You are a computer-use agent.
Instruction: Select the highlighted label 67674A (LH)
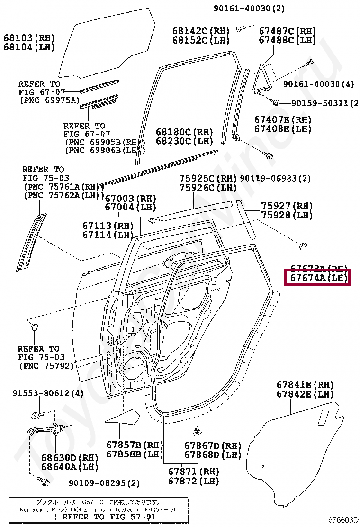(316, 278)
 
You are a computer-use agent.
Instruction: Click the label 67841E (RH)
(305, 384)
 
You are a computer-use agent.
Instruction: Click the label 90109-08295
(104, 483)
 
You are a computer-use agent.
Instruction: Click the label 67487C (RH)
(287, 30)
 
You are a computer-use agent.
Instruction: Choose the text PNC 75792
(46, 366)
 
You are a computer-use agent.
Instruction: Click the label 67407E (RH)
(283, 119)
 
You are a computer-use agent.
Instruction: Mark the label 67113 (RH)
(108, 225)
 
